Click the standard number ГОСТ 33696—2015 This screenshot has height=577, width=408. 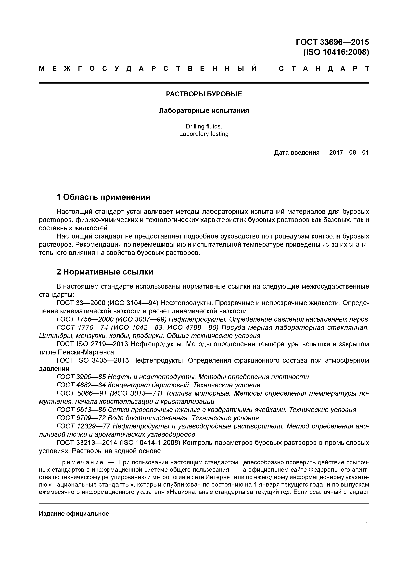(332, 42)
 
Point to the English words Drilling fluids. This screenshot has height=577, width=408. (204, 126)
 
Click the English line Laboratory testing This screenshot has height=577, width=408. (204, 134)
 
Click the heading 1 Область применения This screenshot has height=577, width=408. (103, 197)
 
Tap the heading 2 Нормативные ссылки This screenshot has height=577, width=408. (105, 272)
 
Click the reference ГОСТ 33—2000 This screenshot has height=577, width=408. (81, 303)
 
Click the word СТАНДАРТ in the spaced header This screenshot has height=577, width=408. (324, 69)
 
